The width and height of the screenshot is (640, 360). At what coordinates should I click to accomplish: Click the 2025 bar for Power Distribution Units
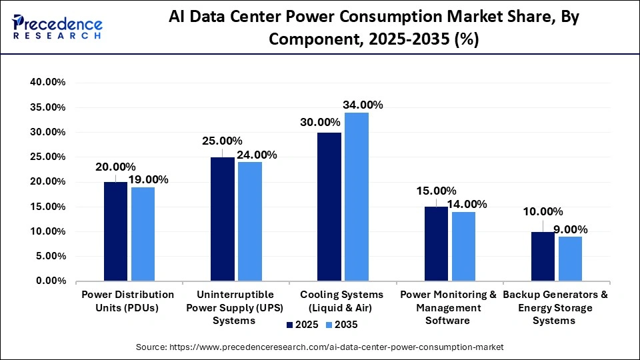click(115, 231)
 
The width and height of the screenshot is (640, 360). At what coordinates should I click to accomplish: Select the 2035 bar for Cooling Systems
click(356, 197)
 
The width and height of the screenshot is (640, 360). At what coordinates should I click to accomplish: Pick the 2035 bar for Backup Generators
click(569, 259)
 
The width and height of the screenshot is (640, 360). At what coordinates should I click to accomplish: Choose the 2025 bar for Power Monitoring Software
click(436, 244)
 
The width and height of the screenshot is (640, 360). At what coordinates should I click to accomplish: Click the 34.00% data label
click(363, 105)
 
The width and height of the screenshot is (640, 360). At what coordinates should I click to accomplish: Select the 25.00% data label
click(222, 141)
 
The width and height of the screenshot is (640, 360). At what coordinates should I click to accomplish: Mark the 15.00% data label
click(435, 191)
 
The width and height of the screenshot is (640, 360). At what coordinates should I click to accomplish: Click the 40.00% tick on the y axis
click(46, 83)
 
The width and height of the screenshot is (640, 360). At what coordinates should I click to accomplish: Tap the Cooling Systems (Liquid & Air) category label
click(342, 301)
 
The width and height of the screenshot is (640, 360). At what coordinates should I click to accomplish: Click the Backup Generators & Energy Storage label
click(555, 307)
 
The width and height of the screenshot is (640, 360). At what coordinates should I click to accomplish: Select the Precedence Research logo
click(57, 27)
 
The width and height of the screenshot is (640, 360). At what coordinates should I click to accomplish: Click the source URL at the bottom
click(320, 347)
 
